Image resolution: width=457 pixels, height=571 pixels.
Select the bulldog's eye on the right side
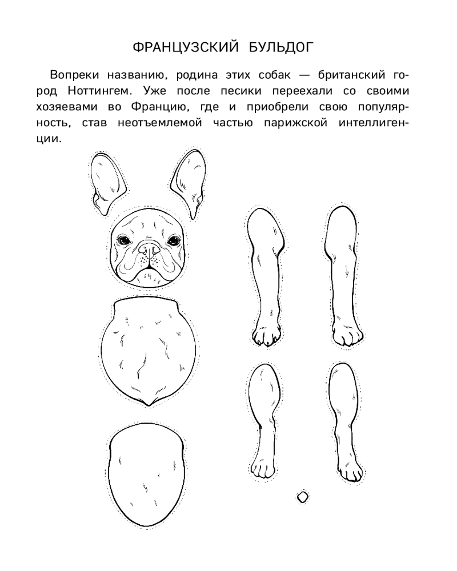pyautogui.click(x=174, y=241)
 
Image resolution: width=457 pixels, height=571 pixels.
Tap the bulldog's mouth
pyautogui.click(x=150, y=270)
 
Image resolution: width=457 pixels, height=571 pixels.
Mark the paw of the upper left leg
pyautogui.click(x=267, y=337)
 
